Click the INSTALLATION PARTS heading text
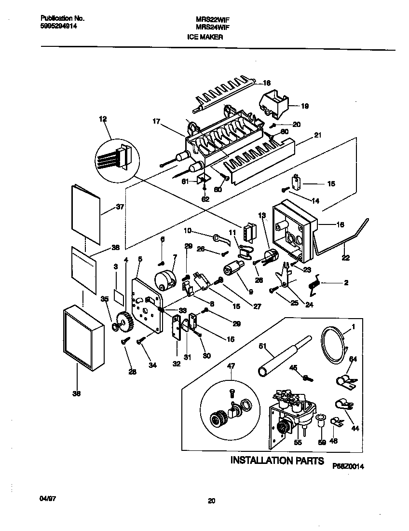tap(277, 460)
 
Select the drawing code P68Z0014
tap(347, 466)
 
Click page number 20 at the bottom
tap(211, 501)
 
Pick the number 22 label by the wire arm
tap(345, 258)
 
